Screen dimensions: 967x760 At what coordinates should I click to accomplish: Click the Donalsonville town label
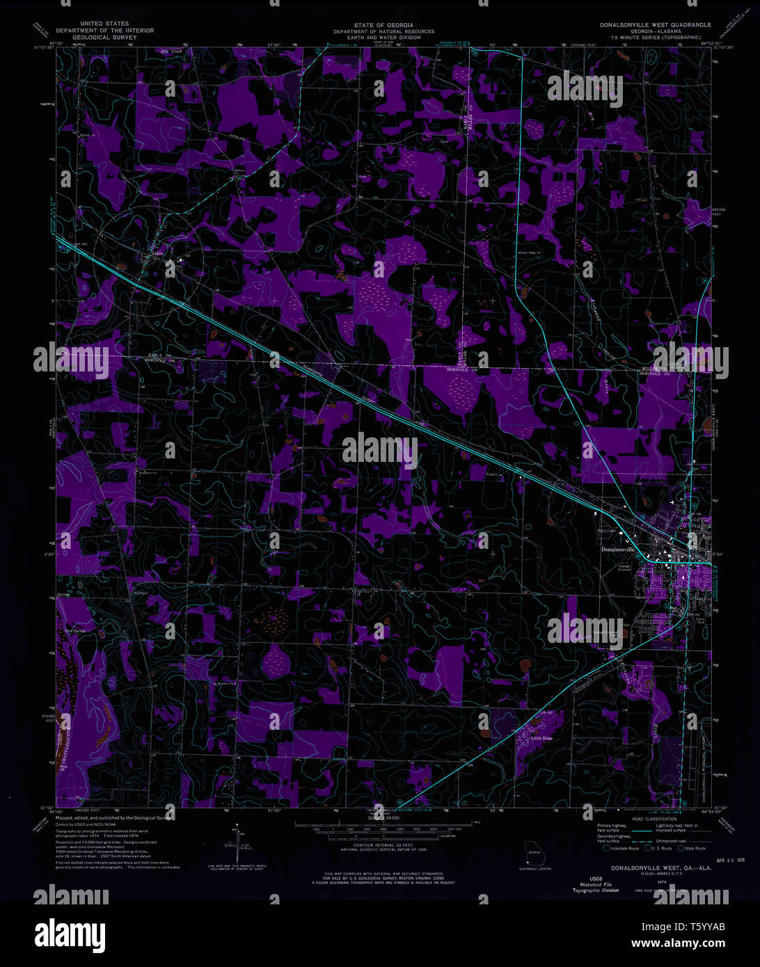[618, 549]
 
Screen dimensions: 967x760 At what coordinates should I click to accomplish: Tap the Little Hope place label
[541, 738]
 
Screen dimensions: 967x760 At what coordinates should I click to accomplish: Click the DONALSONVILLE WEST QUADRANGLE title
[656, 24]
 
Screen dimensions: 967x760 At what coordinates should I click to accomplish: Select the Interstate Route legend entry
[623, 848]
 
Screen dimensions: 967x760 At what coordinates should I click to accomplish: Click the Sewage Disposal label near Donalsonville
[624, 568]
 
